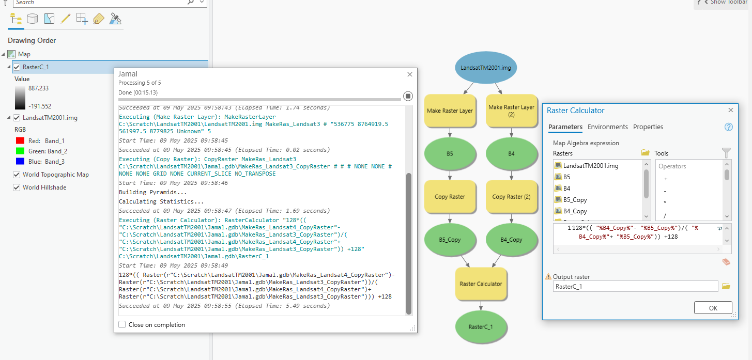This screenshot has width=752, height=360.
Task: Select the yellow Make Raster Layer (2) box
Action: pyautogui.click(x=511, y=111)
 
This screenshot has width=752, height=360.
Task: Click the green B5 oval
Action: pyautogui.click(x=450, y=153)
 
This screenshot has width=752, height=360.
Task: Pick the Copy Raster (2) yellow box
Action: pyautogui.click(x=511, y=197)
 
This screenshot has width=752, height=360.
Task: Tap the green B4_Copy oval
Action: pyautogui.click(x=511, y=240)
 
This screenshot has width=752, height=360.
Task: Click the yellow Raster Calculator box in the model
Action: pyautogui.click(x=481, y=284)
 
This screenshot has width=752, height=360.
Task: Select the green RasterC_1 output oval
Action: pyautogui.click(x=481, y=326)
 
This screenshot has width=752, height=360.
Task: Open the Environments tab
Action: pyautogui.click(x=607, y=127)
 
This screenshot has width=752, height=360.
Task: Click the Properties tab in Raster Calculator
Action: pyautogui.click(x=648, y=127)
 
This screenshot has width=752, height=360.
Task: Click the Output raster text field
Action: pyautogui.click(x=635, y=286)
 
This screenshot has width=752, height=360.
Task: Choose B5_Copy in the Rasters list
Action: pyautogui.click(x=575, y=200)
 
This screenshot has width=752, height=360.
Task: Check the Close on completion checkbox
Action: pyautogui.click(x=122, y=325)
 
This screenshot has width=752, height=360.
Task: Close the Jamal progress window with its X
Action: pyautogui.click(x=410, y=74)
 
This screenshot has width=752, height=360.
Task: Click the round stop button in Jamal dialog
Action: pyautogui.click(x=408, y=96)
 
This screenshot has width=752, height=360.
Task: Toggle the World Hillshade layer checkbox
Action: pyautogui.click(x=17, y=187)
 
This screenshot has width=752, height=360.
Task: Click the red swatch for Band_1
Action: pyautogui.click(x=20, y=140)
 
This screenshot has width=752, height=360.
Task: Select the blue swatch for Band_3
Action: pyautogui.click(x=20, y=162)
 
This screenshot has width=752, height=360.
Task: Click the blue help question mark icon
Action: pyautogui.click(x=729, y=127)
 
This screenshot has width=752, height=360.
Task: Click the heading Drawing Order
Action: pyautogui.click(x=32, y=40)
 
